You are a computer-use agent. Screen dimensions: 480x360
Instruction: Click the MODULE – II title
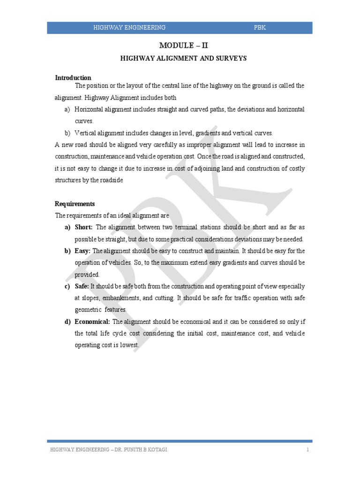coord(183,45)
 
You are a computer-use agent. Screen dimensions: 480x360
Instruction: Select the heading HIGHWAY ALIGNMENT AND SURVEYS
coord(183,59)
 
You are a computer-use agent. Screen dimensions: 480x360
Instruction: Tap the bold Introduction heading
coord(73,78)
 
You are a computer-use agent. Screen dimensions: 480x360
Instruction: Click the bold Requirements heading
coord(75,204)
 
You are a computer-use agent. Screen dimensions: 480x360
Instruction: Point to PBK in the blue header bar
coord(260,28)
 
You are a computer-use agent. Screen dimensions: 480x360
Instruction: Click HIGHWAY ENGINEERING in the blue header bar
coord(129,28)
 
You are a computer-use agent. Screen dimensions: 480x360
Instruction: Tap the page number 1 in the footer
coord(308,450)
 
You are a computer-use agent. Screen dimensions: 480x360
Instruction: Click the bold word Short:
coord(84,227)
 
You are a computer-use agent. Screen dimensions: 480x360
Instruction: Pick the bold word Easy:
coord(82,251)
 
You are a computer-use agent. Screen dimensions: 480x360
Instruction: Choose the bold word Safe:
coord(82,286)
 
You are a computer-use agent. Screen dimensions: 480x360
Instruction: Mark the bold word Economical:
coord(92,322)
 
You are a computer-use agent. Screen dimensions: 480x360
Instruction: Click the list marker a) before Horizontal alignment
coord(67,109)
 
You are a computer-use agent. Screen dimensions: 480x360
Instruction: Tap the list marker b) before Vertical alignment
coord(67,133)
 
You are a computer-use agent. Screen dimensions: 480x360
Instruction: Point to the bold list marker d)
coord(67,322)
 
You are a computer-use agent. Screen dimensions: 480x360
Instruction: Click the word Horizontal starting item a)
coord(89,109)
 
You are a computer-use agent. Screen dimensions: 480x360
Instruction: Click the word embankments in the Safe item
coord(117,298)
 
